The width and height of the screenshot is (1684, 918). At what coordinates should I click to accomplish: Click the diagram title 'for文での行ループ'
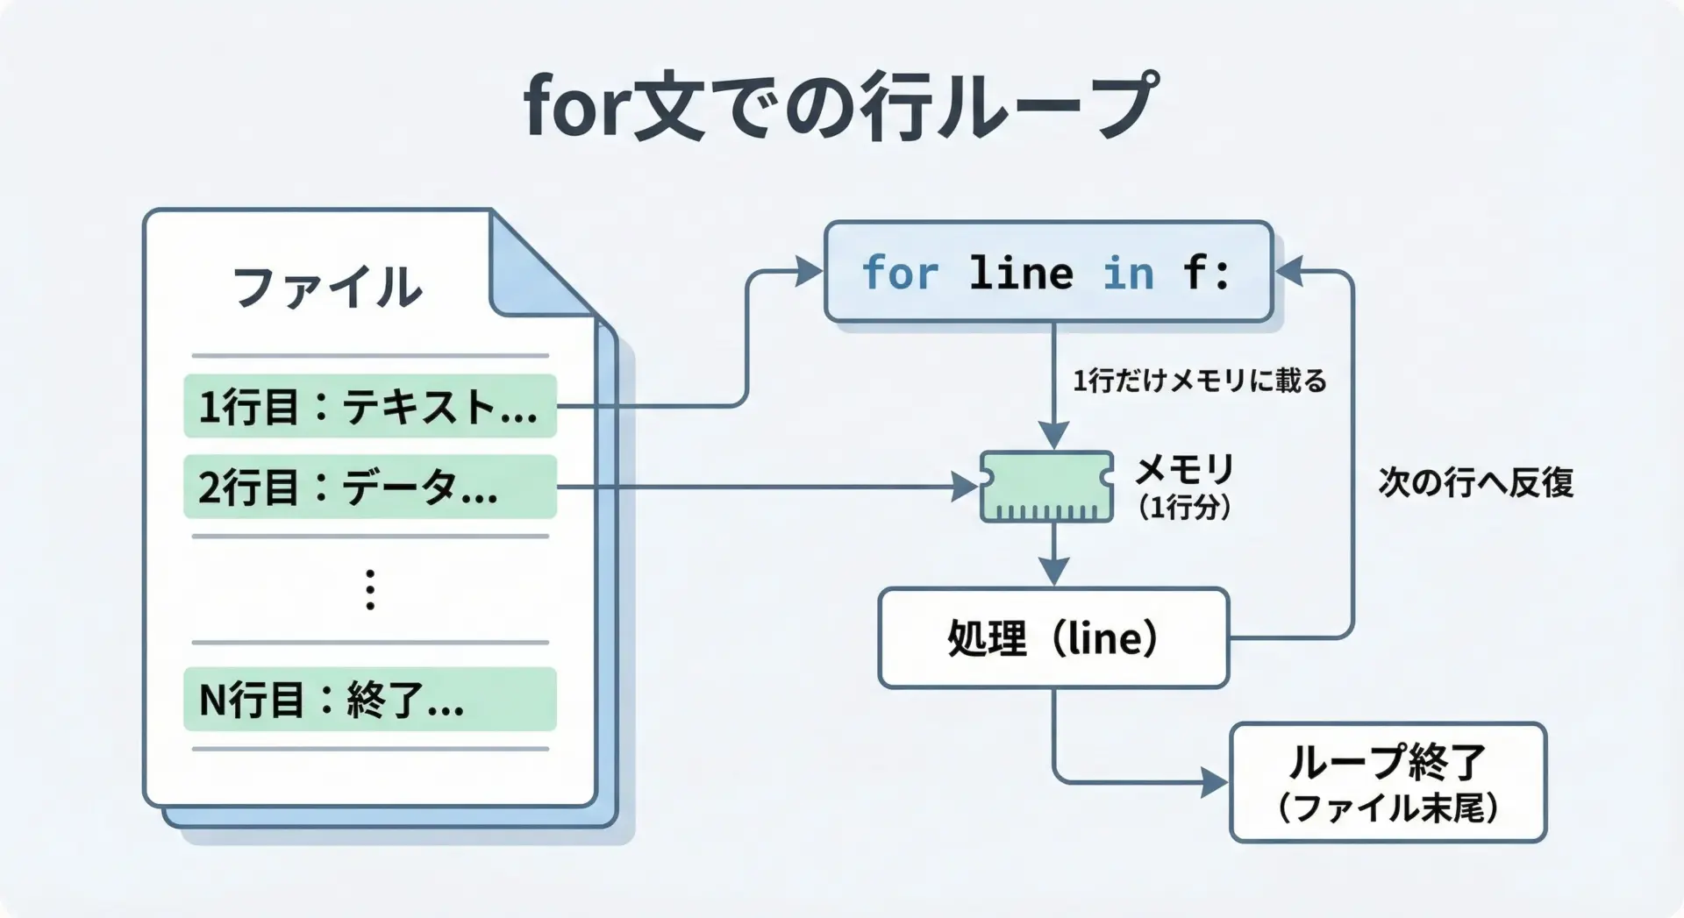coord(840,107)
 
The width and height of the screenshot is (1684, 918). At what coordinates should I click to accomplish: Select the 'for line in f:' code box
coord(1048,272)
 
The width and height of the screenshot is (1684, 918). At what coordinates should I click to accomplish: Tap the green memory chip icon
coord(1046,487)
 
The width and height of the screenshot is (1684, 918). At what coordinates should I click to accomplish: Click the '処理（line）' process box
coord(1052,638)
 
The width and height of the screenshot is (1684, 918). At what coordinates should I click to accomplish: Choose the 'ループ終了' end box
coord(1388,782)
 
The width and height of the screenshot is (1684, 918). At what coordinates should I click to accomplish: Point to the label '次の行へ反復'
coord(1475,482)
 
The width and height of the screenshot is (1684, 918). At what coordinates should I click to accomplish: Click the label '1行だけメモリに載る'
coord(1199,381)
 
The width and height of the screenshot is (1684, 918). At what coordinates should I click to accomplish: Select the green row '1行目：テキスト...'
coord(369,406)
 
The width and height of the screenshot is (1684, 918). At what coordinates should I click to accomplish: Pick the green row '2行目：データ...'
coord(369,487)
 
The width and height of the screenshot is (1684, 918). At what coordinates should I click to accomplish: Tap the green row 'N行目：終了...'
coord(369,700)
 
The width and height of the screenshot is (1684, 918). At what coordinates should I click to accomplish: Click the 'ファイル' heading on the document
coord(326,287)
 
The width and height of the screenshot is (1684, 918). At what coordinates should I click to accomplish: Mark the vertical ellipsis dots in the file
coord(370,589)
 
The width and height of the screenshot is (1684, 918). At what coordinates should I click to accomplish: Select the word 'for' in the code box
coord(900,273)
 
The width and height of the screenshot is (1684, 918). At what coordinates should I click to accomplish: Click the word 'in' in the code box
coord(1128,273)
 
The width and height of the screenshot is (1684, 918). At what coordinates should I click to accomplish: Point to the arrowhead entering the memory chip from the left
coord(966,487)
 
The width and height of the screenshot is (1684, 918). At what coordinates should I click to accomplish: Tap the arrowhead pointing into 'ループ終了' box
coord(1215,782)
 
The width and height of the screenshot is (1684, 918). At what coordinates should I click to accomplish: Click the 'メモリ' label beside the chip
coord(1184,471)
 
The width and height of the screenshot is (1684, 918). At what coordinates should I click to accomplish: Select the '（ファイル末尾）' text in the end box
coord(1388,808)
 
